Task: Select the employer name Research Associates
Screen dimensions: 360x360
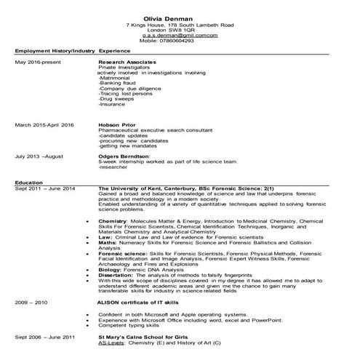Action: pos(126,63)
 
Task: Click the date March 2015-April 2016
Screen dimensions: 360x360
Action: pos(45,125)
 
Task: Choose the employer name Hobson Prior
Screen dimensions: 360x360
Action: pos(116,125)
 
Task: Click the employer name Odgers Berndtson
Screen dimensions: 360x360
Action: pos(124,155)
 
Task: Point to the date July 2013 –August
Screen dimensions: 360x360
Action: pos(39,155)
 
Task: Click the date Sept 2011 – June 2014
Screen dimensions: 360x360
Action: pos(44,188)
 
